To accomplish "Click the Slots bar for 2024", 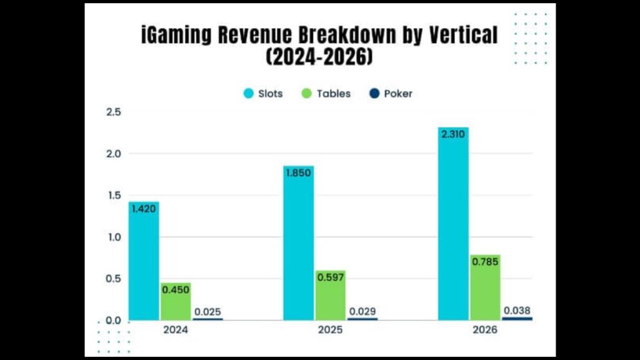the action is click(144, 261).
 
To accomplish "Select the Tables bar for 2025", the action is click(330, 295).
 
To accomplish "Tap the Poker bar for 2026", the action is click(517, 318).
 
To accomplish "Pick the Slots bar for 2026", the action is click(454, 224).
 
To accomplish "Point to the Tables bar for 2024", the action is click(176, 302).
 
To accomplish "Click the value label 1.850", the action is click(298, 172).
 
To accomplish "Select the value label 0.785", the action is click(485, 262).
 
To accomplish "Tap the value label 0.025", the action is click(207, 312).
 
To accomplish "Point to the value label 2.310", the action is click(453, 134).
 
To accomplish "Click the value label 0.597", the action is click(331, 277).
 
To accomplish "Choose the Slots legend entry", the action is click(263, 94).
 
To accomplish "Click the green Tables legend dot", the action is click(306, 94).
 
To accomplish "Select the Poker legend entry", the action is click(391, 94).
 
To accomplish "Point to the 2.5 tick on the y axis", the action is click(114, 112).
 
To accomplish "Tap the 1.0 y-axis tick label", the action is click(114, 237).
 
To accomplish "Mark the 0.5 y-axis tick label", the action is click(114, 279).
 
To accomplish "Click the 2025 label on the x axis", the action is click(330, 330).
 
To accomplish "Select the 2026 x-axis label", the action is click(485, 330).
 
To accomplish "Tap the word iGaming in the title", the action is click(176, 35).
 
